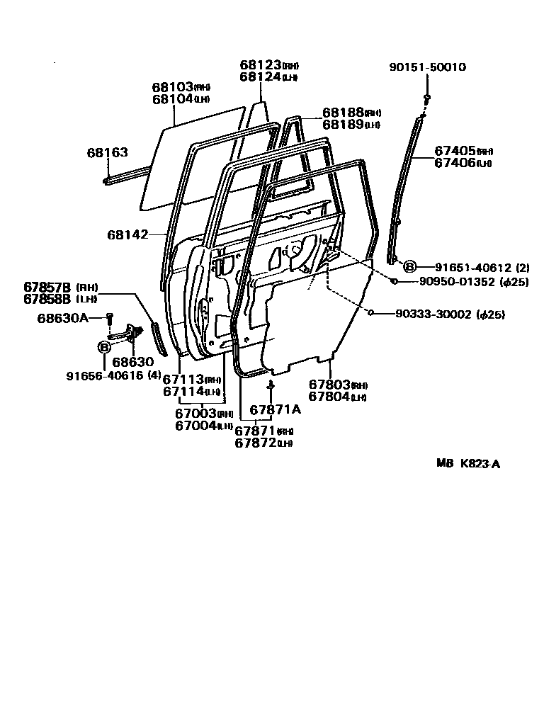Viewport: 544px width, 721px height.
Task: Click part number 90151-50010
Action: [x=427, y=67]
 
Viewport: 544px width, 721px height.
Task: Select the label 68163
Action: [x=108, y=152]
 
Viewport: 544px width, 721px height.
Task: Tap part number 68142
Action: [x=127, y=234]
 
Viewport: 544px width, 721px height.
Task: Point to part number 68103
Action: [x=172, y=87]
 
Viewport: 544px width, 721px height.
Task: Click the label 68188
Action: [x=343, y=113]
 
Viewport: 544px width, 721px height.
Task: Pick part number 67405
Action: [x=455, y=151]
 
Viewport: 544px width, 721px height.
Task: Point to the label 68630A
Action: [x=62, y=317]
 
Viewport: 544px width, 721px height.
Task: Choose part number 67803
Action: [x=329, y=385]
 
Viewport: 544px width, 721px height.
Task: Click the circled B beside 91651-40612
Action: [x=409, y=267]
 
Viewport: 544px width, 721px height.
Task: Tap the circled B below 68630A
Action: [x=104, y=347]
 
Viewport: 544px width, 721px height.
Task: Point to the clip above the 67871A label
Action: [x=271, y=385]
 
